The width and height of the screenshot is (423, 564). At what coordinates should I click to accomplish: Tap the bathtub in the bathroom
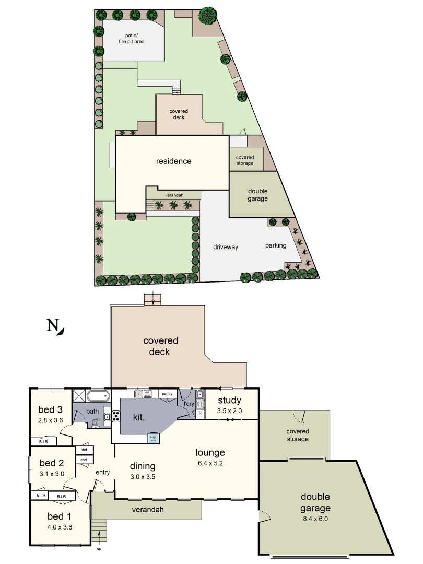point(98,395)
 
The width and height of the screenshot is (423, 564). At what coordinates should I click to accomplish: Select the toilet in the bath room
point(95,423)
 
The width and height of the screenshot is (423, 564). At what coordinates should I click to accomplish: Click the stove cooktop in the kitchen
point(115,417)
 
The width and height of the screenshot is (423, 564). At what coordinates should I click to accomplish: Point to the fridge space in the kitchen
point(153,438)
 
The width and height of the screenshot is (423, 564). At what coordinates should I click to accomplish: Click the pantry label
point(167,393)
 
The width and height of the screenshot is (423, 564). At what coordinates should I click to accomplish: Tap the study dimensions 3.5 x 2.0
point(229,411)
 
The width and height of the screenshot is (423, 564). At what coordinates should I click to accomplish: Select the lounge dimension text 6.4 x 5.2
point(210,463)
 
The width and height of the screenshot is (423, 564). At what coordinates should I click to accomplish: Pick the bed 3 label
point(51,409)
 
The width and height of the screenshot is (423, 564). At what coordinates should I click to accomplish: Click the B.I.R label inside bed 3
point(43,441)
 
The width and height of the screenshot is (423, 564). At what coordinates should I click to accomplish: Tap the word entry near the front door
point(102,473)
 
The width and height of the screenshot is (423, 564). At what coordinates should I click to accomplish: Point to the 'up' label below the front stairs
point(99,548)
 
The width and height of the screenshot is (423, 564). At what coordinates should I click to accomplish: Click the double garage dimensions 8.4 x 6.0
point(315,519)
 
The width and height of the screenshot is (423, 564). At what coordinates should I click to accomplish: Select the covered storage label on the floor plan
point(298,435)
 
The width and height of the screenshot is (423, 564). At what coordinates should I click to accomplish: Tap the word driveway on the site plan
point(225,247)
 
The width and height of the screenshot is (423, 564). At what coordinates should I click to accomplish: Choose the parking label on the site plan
point(275,245)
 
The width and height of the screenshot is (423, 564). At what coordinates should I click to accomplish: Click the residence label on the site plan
point(174,161)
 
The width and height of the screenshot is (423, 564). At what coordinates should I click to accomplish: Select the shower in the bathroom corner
point(79,395)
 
